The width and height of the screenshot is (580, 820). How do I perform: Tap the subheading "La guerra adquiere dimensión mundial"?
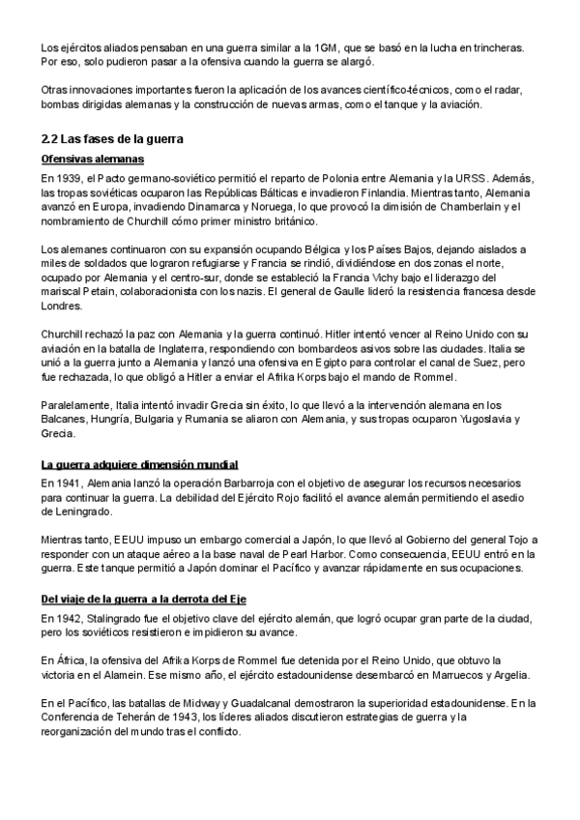click(140, 465)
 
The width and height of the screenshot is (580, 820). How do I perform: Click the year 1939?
click(71, 179)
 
